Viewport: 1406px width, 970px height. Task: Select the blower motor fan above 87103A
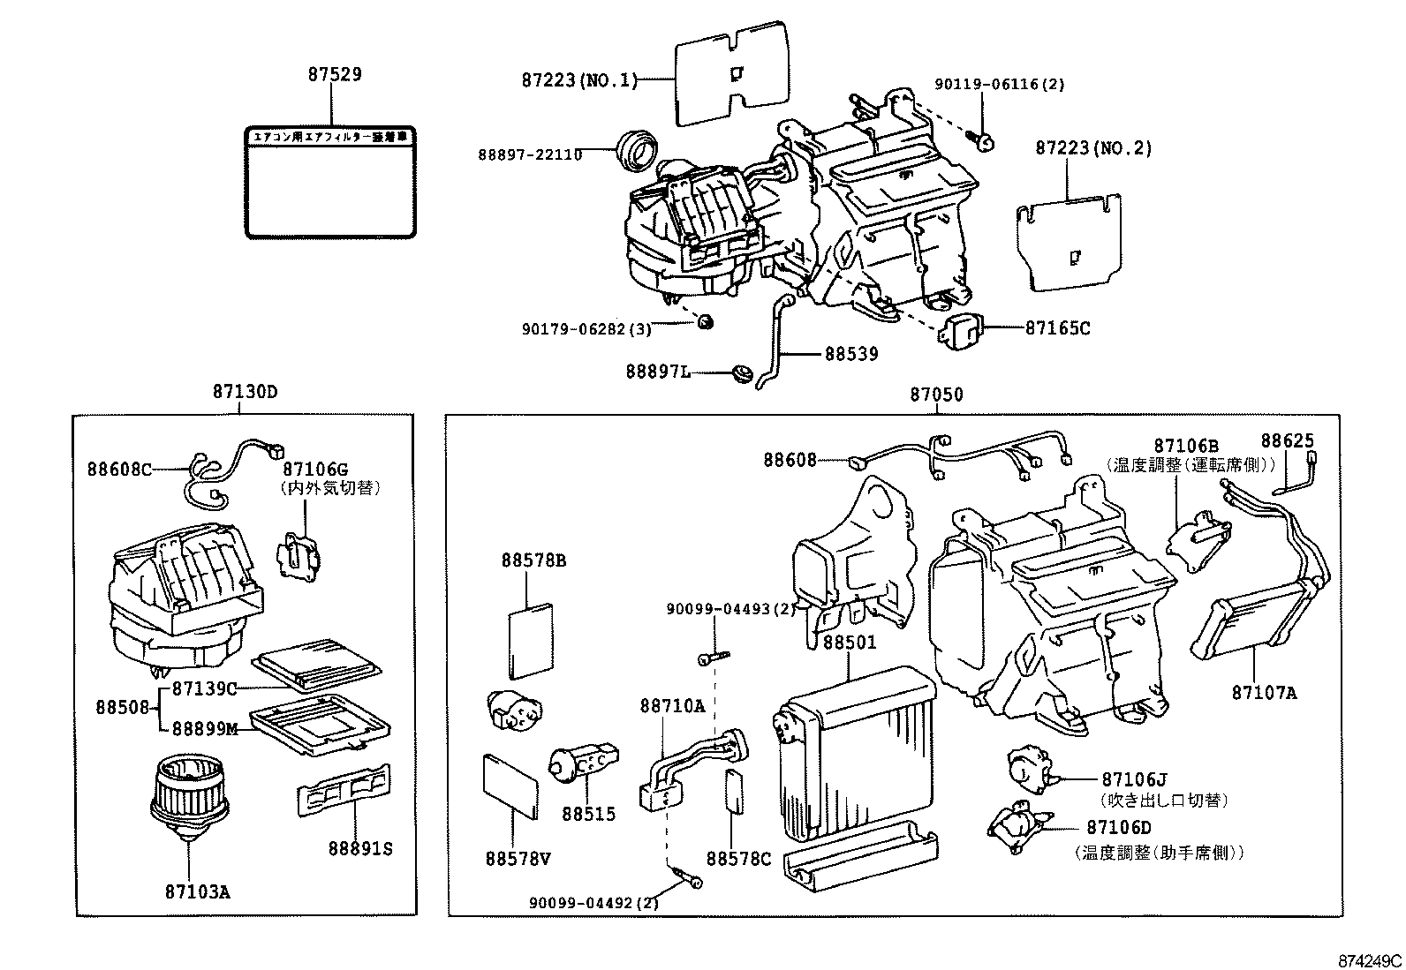pyautogui.click(x=189, y=795)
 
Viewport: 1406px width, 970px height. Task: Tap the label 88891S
pyautogui.click(x=359, y=848)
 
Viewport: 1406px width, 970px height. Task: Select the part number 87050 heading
pyautogui.click(x=937, y=395)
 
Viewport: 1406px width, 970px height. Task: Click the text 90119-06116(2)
pyautogui.click(x=1000, y=85)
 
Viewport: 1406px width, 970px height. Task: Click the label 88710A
pyautogui.click(x=673, y=706)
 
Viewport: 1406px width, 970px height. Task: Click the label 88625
pyautogui.click(x=1287, y=440)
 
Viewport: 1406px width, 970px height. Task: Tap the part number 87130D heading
pyautogui.click(x=245, y=391)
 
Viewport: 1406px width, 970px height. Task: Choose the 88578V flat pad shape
pyautogui.click(x=512, y=786)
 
